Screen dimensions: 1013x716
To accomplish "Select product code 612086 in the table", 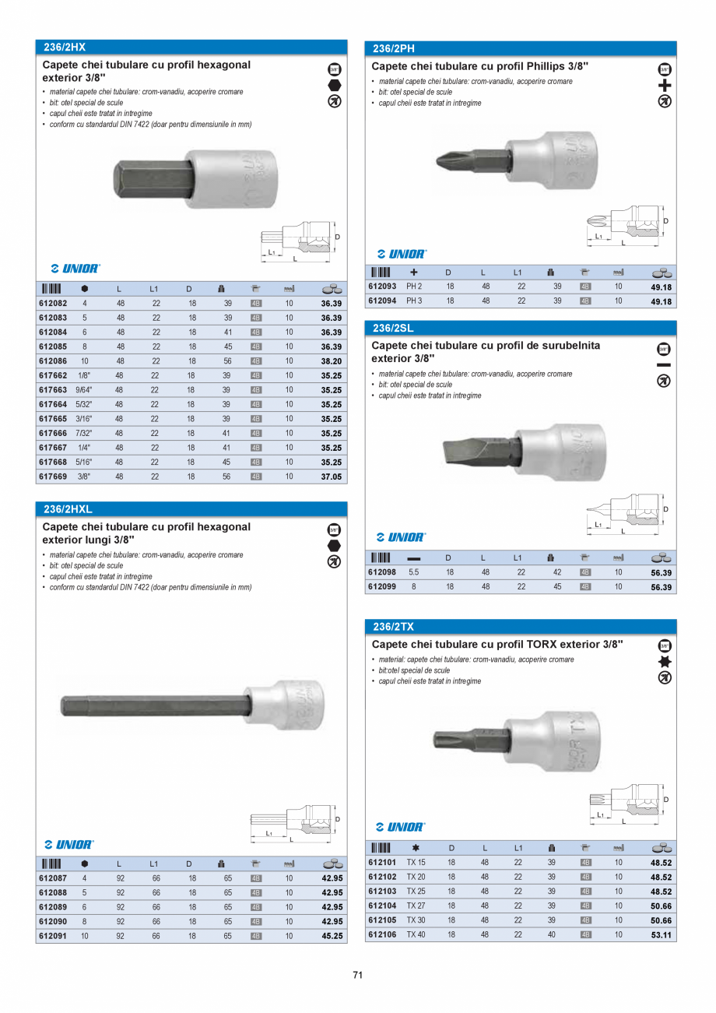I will pos(53,361).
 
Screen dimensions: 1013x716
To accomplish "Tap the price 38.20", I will pos(332,361).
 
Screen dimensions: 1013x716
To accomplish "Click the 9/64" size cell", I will pos(84,390).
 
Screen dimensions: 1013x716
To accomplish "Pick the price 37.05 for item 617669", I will pos(332,477).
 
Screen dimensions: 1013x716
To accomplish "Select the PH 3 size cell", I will pos(414,301).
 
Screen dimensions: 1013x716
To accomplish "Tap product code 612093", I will pos(382,287).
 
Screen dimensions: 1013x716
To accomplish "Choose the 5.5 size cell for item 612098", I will pos(413,572).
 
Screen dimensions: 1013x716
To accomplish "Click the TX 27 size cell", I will pos(416,906).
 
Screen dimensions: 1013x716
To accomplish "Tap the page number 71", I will pos(358,975).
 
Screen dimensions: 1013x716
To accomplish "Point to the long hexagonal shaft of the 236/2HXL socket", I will pos(156,705).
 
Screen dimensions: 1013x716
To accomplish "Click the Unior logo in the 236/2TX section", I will pos(401,827).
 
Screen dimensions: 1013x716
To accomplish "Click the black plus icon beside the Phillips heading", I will pos(664,86).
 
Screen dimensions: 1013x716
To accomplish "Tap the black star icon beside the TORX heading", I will pos(664,662).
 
